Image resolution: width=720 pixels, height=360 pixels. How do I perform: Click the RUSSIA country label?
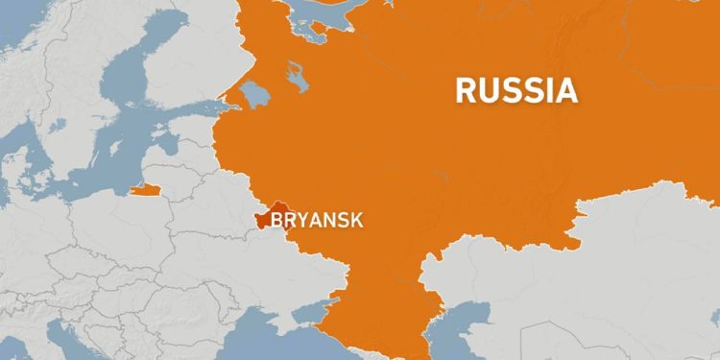tap(516, 90)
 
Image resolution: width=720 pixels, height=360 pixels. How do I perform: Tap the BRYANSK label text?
tap(317, 221)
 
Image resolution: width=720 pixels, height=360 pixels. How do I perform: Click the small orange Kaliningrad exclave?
tap(144, 189)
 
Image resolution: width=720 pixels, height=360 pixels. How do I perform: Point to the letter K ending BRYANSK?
tap(357, 221)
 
